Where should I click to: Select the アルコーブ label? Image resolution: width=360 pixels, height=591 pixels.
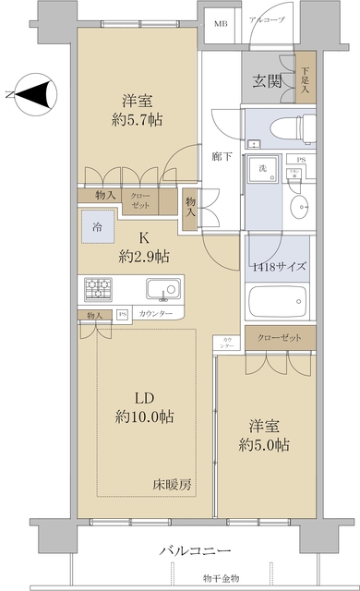point(268,19)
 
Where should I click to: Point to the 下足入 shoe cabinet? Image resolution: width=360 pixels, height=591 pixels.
point(306,81)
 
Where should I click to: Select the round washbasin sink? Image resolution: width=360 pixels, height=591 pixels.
point(300,205)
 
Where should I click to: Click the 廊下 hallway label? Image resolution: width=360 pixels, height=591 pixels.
point(222,157)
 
